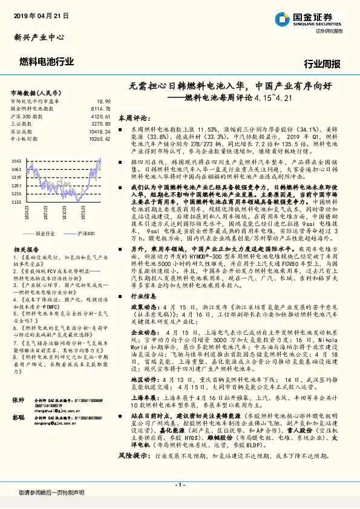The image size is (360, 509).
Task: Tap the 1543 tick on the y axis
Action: click(x=16, y=160)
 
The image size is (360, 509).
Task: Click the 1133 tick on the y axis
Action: click(x=16, y=201)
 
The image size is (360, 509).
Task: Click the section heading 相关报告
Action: click(x=26, y=248)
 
